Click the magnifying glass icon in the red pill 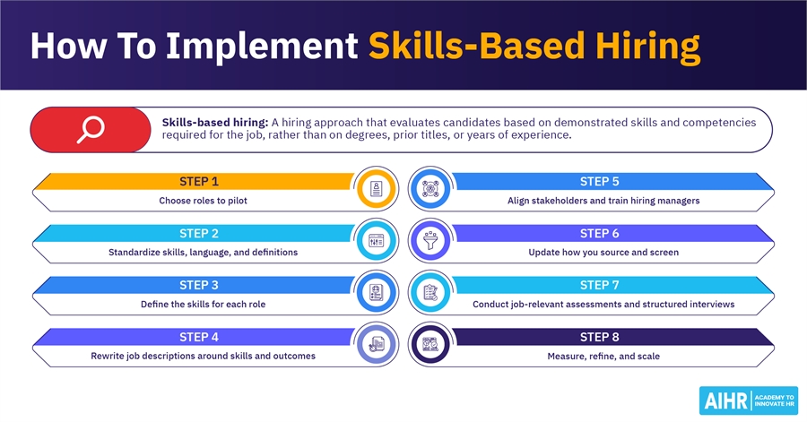(91, 130)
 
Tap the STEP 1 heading (199, 182)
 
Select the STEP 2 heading (199, 233)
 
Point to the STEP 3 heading (199, 285)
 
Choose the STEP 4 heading (199, 337)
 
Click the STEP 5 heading (600, 182)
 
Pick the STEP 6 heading (600, 233)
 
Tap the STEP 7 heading (600, 285)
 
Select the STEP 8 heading (600, 337)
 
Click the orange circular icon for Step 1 (377, 189)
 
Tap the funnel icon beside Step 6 (430, 240)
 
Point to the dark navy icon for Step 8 (430, 344)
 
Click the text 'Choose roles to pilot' (203, 201)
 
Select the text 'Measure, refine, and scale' (603, 357)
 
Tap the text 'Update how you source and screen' (603, 253)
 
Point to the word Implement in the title (262, 47)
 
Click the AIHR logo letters (725, 400)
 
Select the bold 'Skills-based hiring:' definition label (215, 123)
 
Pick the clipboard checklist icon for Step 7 (430, 292)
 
